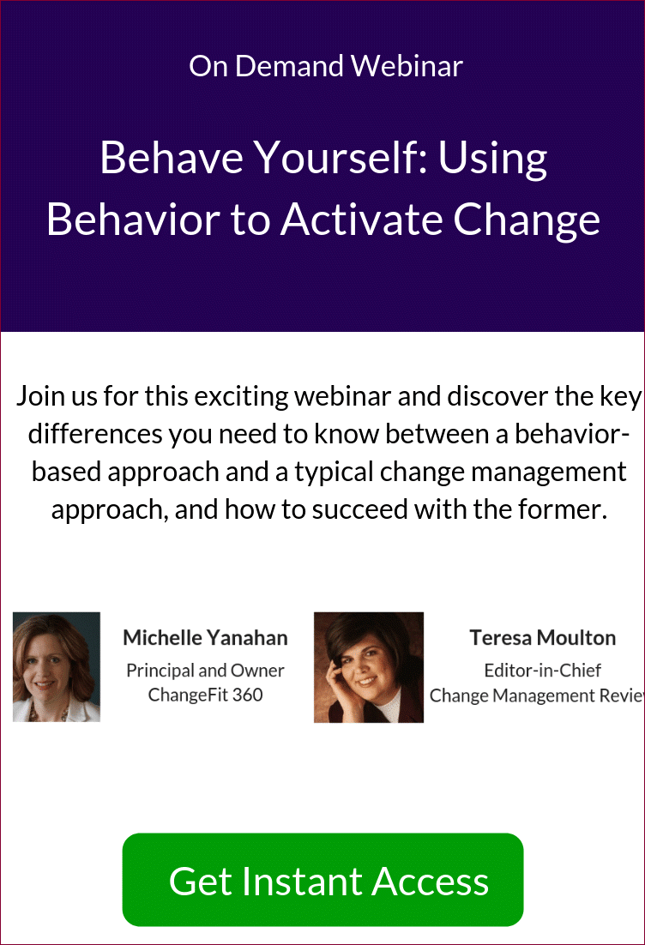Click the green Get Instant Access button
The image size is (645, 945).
322,879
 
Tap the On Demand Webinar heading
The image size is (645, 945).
326,66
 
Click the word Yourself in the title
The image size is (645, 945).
341,158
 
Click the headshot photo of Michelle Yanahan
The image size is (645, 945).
57,666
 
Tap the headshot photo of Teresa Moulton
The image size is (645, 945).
368,667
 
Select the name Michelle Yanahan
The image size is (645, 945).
205,638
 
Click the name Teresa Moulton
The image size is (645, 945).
543,638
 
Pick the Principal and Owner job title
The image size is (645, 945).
205,671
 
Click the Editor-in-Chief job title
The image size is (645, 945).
543,671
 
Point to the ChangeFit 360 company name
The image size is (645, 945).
205,695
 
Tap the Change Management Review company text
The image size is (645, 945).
536,695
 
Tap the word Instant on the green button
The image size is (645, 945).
307,882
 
